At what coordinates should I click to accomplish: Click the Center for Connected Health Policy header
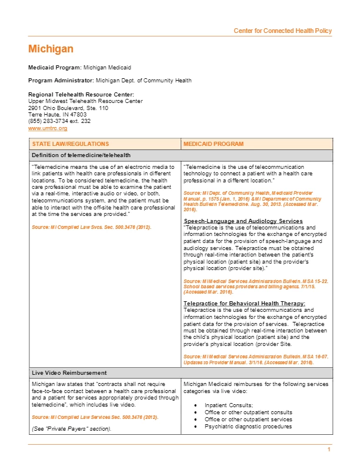pos(282,31)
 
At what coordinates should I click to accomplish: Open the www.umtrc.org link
pos(48,128)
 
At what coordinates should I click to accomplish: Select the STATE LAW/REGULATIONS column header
pos(70,144)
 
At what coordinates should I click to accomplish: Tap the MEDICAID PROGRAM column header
pos(213,144)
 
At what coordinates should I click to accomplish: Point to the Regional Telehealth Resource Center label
pos(81,94)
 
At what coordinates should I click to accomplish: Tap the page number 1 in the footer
pos(329,450)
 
